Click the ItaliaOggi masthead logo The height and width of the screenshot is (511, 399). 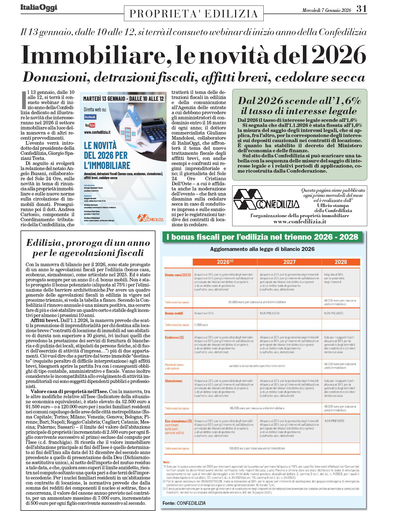coord(39,8)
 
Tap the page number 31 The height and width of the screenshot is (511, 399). coord(361,9)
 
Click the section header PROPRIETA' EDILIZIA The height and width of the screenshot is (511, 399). coord(194,14)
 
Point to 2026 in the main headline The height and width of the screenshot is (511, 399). coord(339,55)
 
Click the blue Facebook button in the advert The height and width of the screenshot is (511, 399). coord(90,117)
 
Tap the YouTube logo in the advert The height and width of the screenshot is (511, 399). coord(90,125)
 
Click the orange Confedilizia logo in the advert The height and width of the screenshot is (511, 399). coord(151,218)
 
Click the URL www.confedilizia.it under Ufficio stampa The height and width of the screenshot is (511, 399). coord(300,221)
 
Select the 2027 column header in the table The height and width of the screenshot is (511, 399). coord(289,262)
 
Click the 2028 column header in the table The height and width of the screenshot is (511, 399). coord(341,262)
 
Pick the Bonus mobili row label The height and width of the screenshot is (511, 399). coord(174,313)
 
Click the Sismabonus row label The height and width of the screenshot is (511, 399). coord(174,381)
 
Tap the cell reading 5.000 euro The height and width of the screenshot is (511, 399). coord(201,325)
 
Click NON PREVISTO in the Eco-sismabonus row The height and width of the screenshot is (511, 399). coord(334,421)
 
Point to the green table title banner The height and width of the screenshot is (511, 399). coord(262,237)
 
